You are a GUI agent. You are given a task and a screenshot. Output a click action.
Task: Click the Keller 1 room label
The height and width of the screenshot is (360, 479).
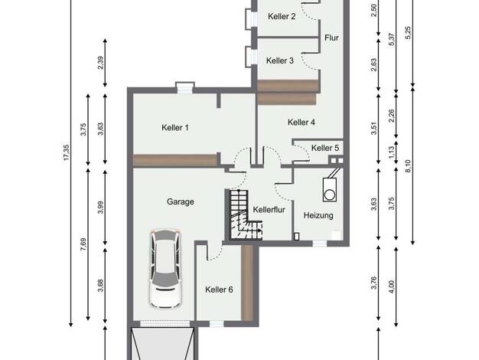(x=175, y=128)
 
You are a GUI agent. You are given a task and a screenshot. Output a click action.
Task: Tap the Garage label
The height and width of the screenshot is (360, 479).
(x=181, y=202)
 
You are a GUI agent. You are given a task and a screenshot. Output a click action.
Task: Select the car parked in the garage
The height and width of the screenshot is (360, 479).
(x=165, y=268)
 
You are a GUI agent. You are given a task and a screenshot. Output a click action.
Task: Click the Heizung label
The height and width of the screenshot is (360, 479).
(x=318, y=215)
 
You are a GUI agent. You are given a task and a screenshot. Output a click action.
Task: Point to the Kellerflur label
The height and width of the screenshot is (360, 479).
(x=269, y=210)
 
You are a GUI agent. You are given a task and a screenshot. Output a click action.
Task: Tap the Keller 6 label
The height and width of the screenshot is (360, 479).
(x=219, y=290)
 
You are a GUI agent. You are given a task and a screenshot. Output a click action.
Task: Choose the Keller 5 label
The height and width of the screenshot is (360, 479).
(x=325, y=148)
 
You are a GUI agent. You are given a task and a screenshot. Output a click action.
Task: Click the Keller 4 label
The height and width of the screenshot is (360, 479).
(x=301, y=123)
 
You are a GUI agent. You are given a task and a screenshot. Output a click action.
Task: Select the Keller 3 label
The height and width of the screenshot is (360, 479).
(x=280, y=61)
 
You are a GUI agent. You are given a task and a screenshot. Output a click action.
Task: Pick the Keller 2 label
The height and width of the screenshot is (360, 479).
(x=282, y=17)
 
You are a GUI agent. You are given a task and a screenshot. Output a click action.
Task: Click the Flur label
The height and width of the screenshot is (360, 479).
(x=332, y=38)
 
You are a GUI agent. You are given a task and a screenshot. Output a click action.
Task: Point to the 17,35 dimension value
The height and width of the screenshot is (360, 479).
(x=67, y=152)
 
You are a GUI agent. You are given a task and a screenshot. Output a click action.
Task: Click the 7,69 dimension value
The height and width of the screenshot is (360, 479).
(x=83, y=244)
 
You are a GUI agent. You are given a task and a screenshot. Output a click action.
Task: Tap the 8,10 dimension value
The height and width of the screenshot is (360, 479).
(x=408, y=166)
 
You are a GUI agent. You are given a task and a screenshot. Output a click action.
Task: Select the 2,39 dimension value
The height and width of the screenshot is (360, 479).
(x=100, y=63)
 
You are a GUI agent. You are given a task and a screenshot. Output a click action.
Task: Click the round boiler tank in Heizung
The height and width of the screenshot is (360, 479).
(x=330, y=195)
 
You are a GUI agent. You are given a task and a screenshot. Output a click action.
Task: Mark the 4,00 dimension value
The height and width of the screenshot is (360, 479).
(x=392, y=287)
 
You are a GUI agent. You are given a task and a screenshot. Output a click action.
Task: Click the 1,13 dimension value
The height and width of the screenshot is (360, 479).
(x=392, y=152)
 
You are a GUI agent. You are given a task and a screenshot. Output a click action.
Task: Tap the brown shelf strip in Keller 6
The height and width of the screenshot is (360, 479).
(x=247, y=283)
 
